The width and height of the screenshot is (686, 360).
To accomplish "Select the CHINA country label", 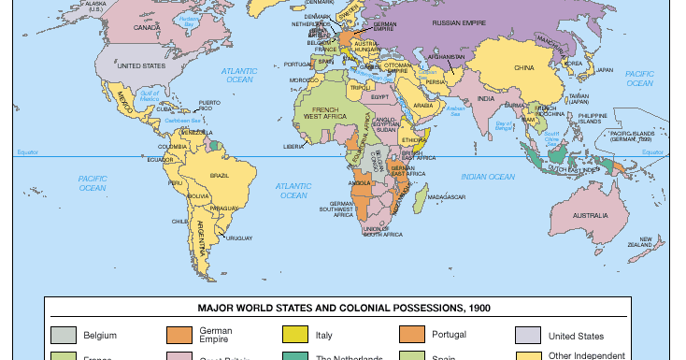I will pyautogui.click(x=524, y=67).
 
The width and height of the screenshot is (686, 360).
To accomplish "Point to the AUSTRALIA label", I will pyautogui.click(x=590, y=216).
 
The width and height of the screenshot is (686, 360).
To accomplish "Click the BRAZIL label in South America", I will pyautogui.click(x=221, y=176).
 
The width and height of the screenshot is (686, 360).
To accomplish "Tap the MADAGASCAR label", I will pyautogui.click(x=447, y=197).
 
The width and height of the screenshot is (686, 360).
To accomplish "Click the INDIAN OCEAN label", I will pyautogui.click(x=487, y=177).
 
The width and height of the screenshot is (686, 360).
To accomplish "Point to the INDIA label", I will pyautogui.click(x=487, y=98).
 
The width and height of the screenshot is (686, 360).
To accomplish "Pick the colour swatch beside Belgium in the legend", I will pyautogui.click(x=63, y=335).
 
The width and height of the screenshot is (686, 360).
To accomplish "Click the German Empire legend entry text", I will pyautogui.click(x=216, y=335).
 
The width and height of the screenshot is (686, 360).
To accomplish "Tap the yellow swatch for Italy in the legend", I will pyautogui.click(x=294, y=335).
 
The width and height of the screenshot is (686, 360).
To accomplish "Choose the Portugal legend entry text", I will pyautogui.click(x=450, y=335).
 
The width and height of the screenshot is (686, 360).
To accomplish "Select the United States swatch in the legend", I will pyautogui.click(x=527, y=335).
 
